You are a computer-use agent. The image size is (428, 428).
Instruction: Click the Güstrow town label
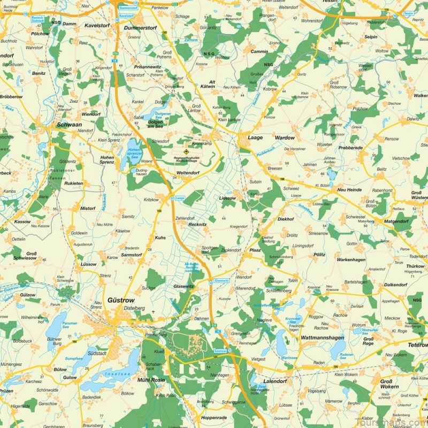tap(121, 300)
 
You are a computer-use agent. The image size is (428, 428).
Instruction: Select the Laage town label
tap(255, 137)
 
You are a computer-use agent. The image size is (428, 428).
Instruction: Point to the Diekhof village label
tap(286, 219)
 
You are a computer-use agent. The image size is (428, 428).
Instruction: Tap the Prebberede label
tap(350, 147)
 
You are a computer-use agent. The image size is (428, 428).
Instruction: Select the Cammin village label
tap(259, 51)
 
